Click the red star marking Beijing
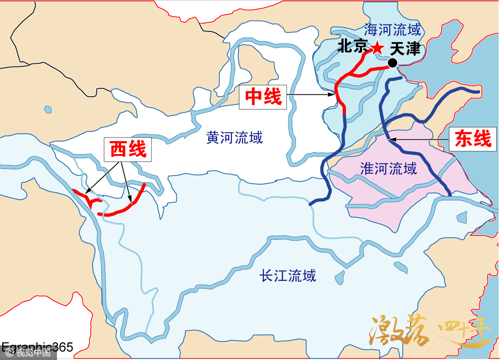[x=378, y=47]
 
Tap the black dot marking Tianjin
[x=393, y=63]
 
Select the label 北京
[x=353, y=46]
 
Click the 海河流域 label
[x=393, y=30]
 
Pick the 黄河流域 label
[x=234, y=137]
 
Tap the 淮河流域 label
[x=388, y=168]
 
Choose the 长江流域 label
[x=288, y=276]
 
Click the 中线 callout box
[x=263, y=97]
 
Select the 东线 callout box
[x=473, y=138]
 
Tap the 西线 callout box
[x=128, y=149]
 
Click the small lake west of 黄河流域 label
[x=48, y=110]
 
